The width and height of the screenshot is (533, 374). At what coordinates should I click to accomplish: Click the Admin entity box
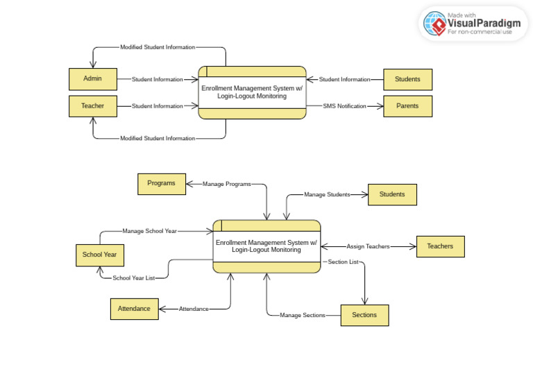[x=92, y=79]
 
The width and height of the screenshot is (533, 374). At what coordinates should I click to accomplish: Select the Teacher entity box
[x=92, y=106]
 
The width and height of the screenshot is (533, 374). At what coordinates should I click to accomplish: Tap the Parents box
[x=407, y=106]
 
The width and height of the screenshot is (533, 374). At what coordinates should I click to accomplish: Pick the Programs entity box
[x=162, y=184]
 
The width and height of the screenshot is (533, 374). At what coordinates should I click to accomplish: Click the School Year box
[x=99, y=255]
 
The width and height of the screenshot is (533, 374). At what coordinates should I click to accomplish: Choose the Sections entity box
[x=364, y=315]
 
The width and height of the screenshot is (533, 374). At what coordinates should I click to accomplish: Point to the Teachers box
[x=440, y=246]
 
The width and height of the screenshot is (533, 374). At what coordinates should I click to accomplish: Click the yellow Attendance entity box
[x=134, y=309]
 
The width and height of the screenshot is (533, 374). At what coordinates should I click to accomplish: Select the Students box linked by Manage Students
[x=392, y=194]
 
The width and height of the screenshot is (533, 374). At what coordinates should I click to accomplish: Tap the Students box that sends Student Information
[x=407, y=79]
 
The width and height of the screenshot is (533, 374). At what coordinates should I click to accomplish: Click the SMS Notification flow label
[x=344, y=106]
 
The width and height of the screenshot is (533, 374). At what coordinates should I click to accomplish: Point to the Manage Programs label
[x=226, y=184]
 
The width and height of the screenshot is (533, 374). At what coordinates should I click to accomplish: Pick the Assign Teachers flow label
[x=368, y=246]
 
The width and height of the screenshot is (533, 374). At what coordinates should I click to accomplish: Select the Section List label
[x=343, y=262]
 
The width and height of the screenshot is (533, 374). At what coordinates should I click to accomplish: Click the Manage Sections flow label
[x=302, y=315]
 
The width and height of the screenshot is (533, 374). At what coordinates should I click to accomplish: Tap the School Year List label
[x=134, y=278]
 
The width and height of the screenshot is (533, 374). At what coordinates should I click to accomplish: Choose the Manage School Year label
[x=149, y=231]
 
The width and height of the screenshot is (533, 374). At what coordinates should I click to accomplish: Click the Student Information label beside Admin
[x=158, y=79]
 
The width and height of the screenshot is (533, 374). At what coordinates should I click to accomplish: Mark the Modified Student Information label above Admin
[x=158, y=47]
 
